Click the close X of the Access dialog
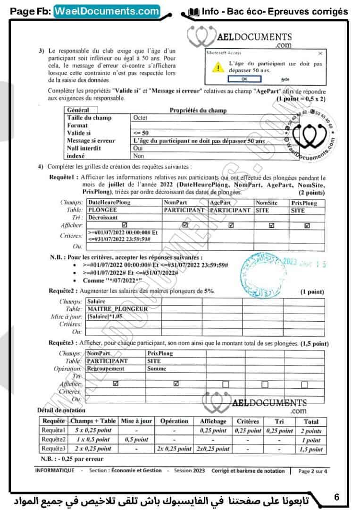(x=320, y=53)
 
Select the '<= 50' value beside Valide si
(x=141, y=133)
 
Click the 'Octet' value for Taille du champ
(x=141, y=118)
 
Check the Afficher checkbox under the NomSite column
(x=271, y=226)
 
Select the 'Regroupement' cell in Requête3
(x=106, y=368)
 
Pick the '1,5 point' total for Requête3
(x=310, y=449)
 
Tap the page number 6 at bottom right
(x=336, y=497)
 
